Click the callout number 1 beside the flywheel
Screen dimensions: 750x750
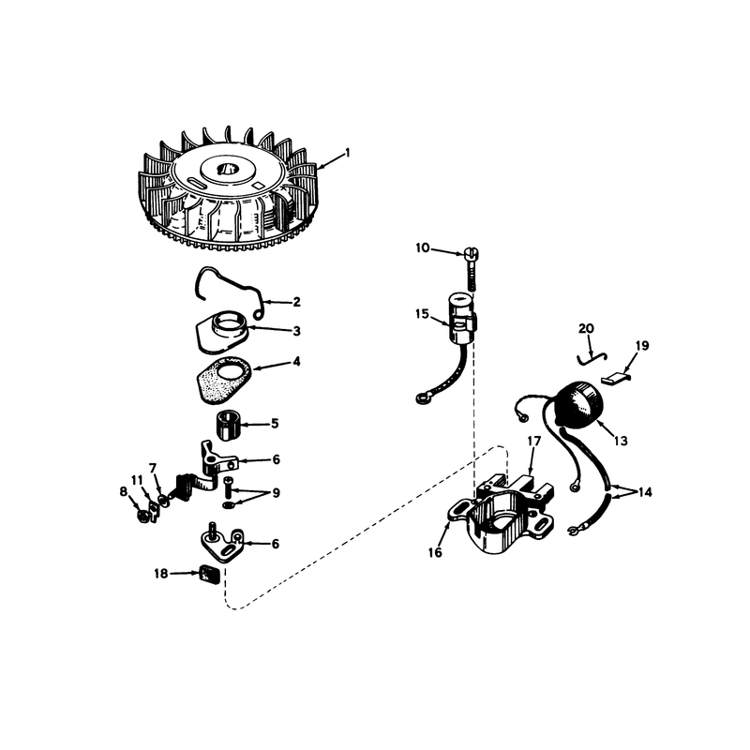tap(348, 153)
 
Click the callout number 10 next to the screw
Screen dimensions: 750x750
tap(423, 248)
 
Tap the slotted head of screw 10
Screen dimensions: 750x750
tap(472, 252)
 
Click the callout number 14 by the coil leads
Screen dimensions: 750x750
tap(645, 492)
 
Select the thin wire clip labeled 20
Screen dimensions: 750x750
tap(592, 358)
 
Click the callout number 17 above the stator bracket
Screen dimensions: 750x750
tap(533, 441)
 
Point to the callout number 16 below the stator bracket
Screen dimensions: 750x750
tap(435, 553)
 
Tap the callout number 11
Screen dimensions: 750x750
tap(137, 480)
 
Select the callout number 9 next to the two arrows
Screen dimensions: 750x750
tap(276, 493)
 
